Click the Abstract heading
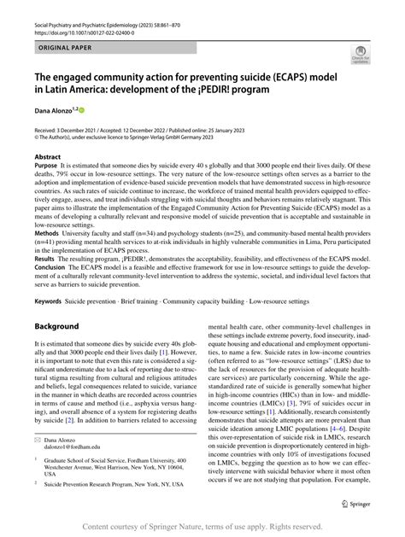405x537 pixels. (x=47, y=158)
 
